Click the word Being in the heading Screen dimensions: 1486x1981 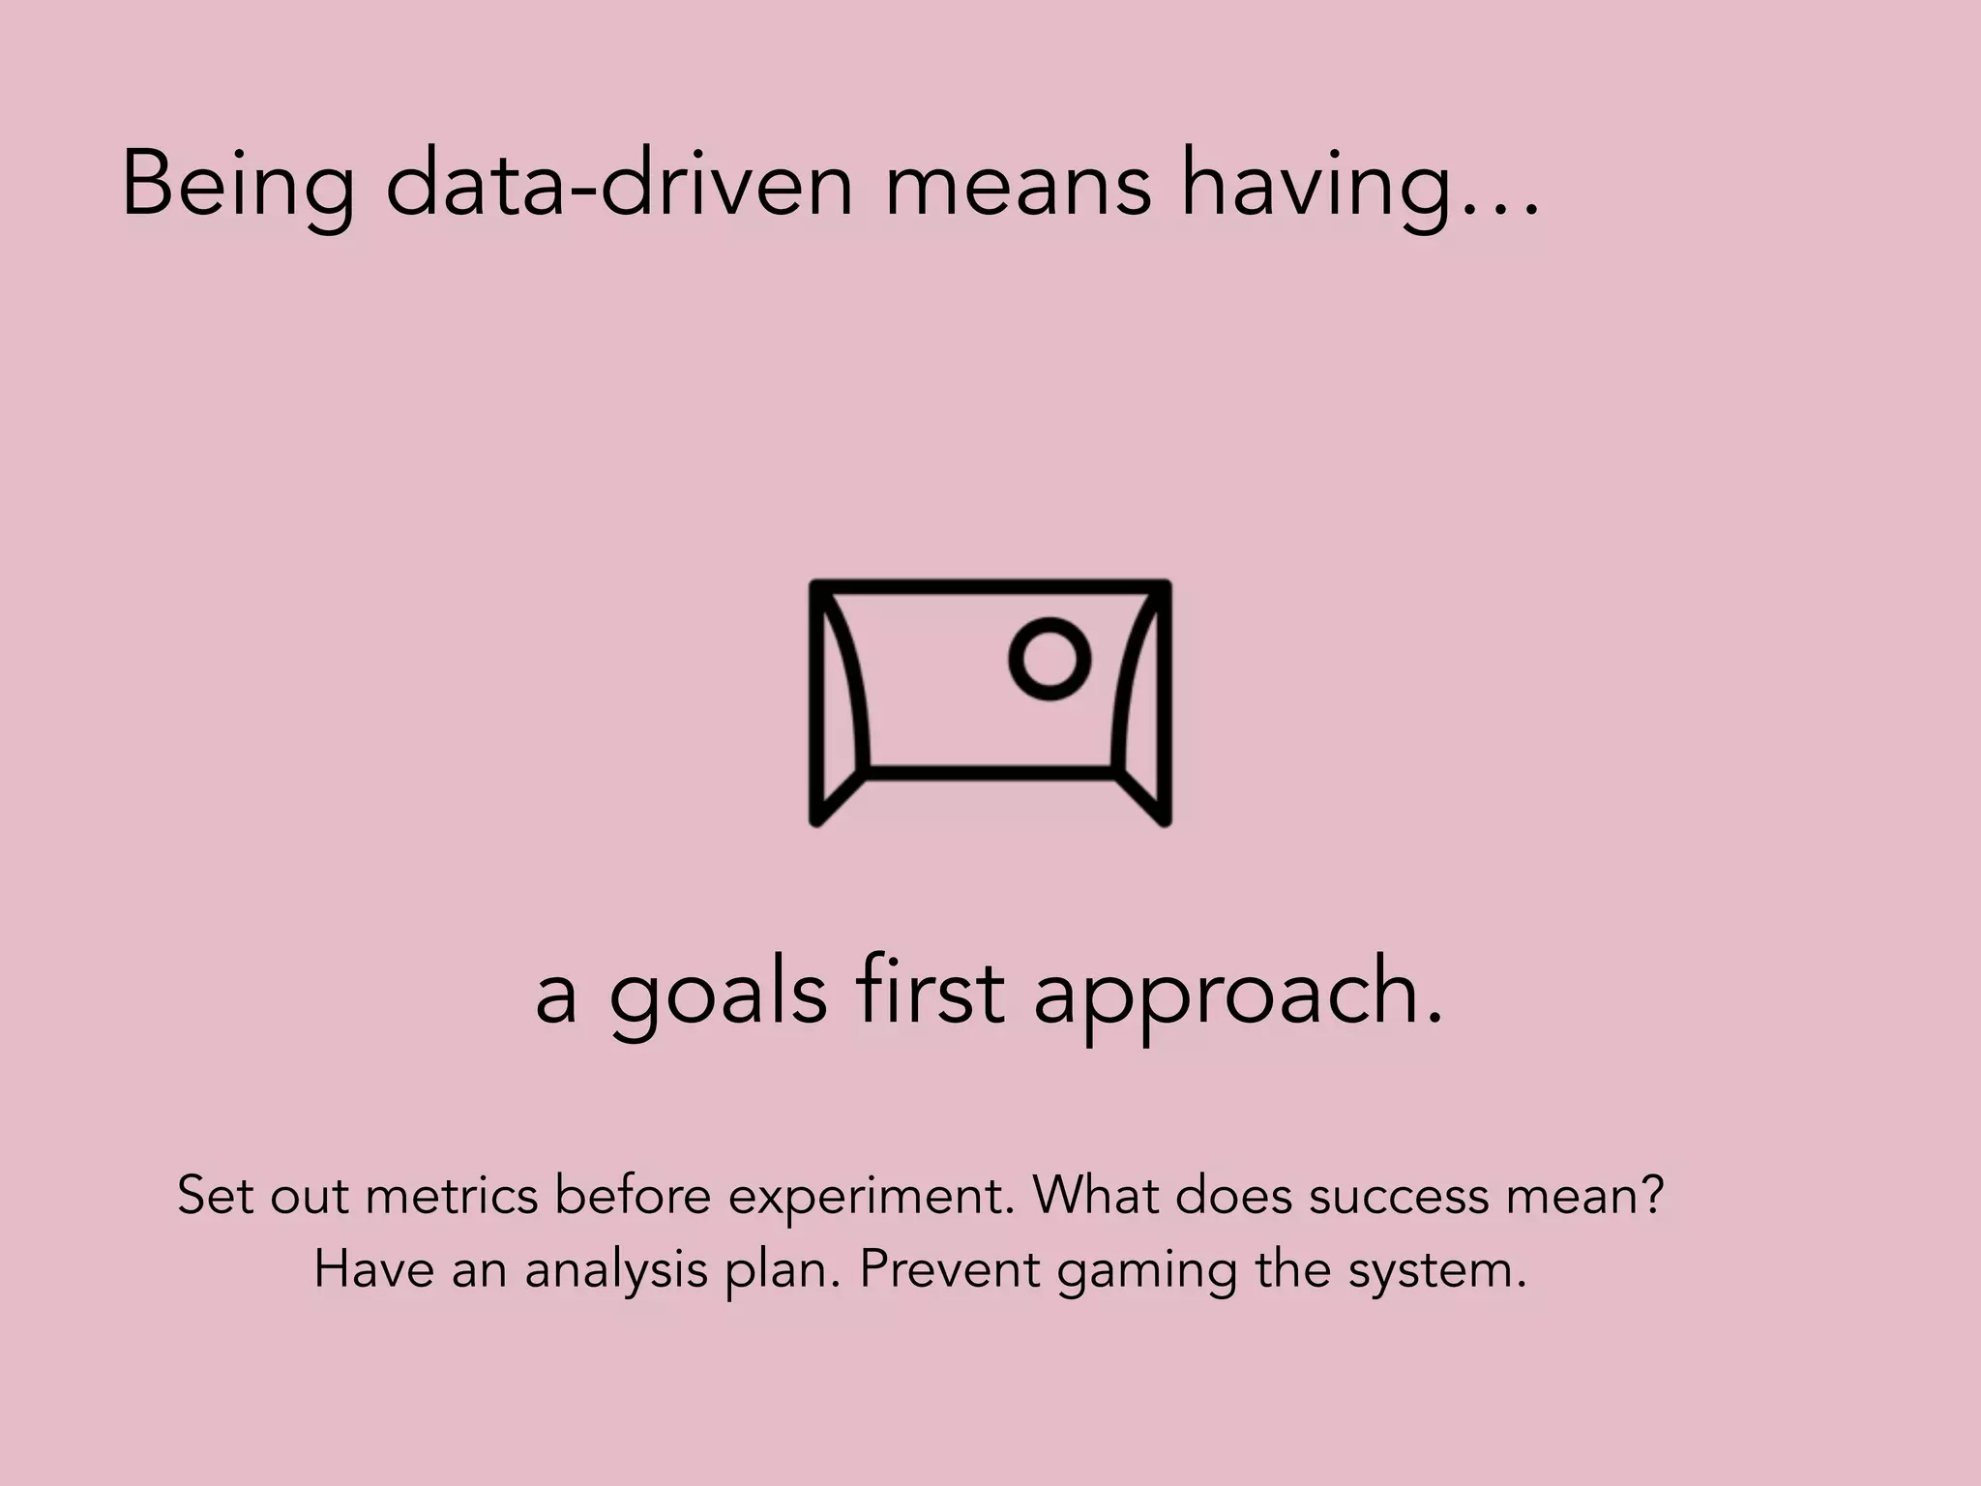click(x=238, y=186)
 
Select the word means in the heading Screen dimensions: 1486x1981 click(x=1018, y=186)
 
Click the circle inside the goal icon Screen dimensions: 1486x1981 click(x=1050, y=659)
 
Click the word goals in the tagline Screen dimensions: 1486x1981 click(x=718, y=996)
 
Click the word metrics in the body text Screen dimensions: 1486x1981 click(x=452, y=1196)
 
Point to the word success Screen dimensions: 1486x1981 click(x=1399, y=1196)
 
